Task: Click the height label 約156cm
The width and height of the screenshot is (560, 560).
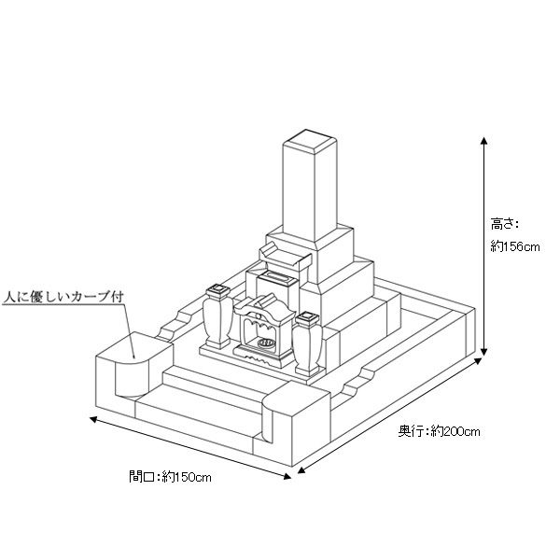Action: click(x=514, y=246)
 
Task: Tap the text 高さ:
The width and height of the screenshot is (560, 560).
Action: click(x=504, y=224)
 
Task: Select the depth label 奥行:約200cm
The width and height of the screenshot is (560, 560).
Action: click(x=440, y=431)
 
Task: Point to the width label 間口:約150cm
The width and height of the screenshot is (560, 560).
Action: click(x=170, y=476)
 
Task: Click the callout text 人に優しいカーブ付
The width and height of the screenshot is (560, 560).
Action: click(x=63, y=297)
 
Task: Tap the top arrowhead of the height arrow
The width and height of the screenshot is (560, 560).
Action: click(x=483, y=140)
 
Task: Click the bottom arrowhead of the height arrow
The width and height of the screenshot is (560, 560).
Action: click(x=483, y=352)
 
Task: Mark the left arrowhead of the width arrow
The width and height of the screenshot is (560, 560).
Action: click(x=93, y=419)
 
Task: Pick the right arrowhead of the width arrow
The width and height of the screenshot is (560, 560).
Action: click(x=287, y=476)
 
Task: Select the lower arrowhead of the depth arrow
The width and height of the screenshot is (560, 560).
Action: click(x=301, y=469)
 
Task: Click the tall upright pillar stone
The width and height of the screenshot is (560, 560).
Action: click(x=310, y=187)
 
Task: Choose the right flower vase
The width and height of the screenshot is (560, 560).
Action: click(x=307, y=343)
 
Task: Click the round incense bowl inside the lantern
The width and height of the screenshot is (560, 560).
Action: click(x=266, y=343)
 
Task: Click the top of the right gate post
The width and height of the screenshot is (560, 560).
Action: click(x=297, y=396)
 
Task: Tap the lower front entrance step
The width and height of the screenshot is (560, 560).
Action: click(x=200, y=407)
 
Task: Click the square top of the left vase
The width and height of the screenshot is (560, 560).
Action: click(x=217, y=289)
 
